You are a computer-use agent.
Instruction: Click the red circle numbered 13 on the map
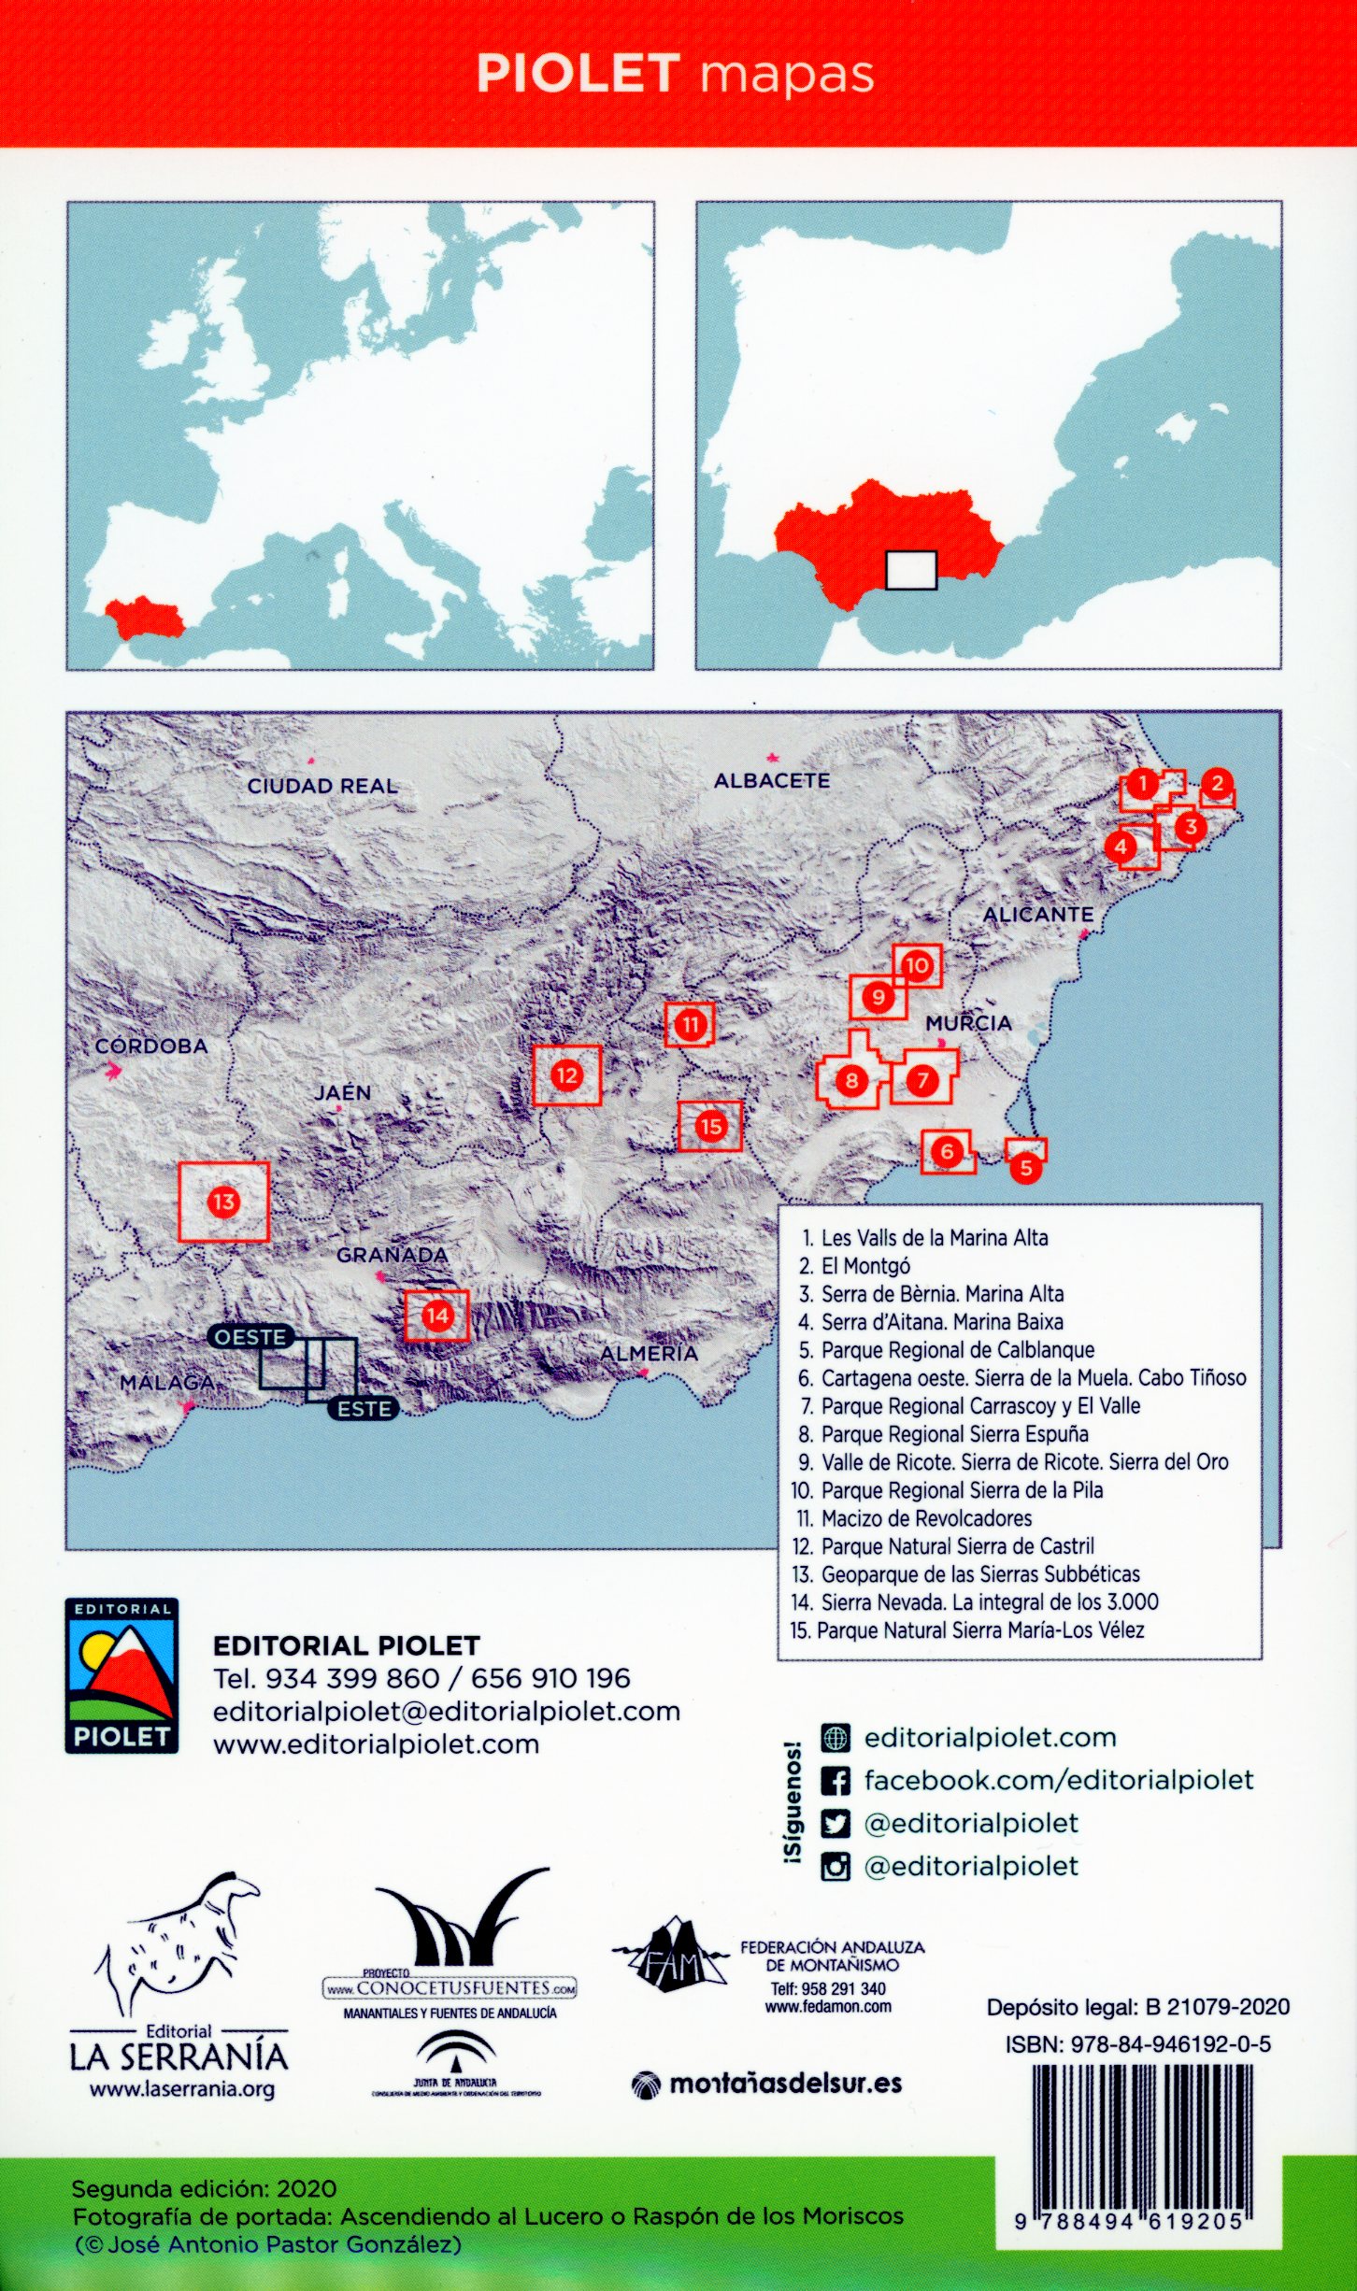tap(223, 1202)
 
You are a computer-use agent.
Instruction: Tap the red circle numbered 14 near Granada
tap(437, 1316)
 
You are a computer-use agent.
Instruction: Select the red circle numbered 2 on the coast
tap(1217, 784)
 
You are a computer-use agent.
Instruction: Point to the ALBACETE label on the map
tap(772, 780)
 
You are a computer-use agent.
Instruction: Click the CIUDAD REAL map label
tap(322, 786)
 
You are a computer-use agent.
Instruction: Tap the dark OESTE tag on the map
tap(250, 1337)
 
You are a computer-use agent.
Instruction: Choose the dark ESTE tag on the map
tap(364, 1409)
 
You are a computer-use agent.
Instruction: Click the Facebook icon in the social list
tap(835, 1781)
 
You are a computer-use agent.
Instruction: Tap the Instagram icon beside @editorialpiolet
tap(835, 1866)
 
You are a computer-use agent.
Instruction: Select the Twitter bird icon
tap(835, 1824)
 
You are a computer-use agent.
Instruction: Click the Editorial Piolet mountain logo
tap(121, 1676)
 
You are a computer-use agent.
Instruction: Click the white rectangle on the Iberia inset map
tap(910, 570)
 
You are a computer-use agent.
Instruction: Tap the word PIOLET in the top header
tap(578, 74)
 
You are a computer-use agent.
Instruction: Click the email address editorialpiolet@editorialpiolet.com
tap(447, 1712)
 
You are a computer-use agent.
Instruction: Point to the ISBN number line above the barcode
tap(1137, 2044)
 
